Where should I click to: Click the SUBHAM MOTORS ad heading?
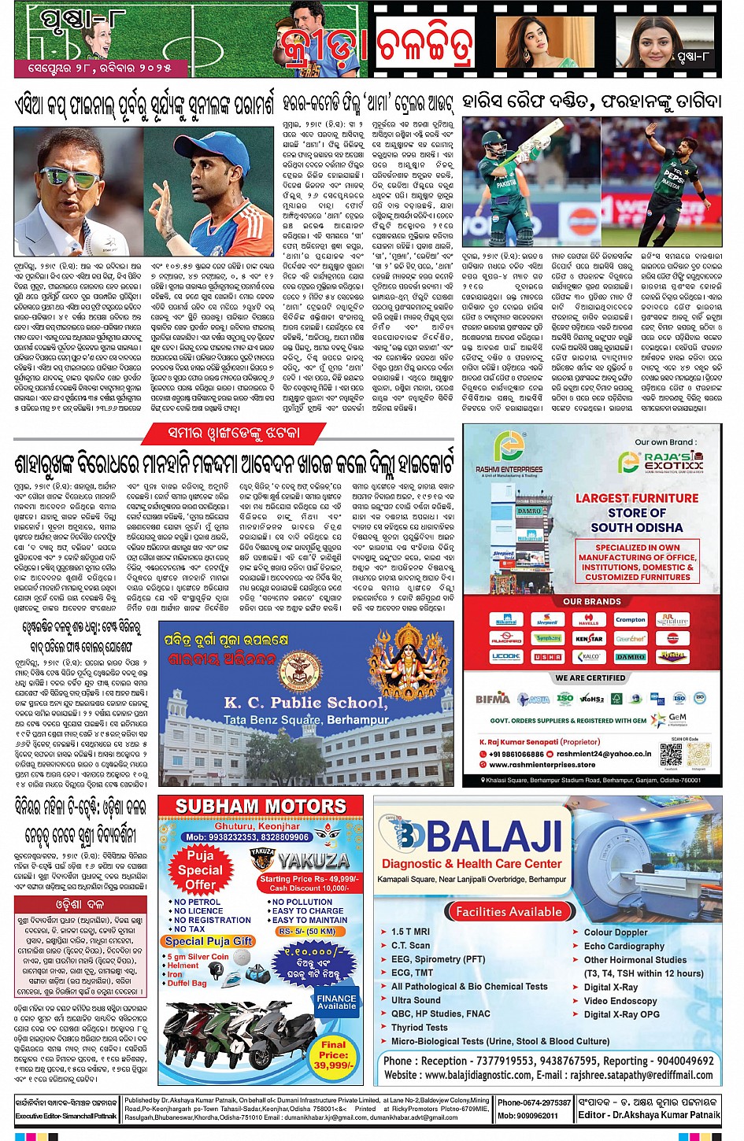point(261,807)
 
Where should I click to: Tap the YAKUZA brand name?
point(313,860)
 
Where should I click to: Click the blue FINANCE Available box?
point(336,1002)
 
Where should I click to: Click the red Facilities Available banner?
point(509,911)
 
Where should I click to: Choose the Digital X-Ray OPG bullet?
point(621,1014)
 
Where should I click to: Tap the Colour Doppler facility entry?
point(616,932)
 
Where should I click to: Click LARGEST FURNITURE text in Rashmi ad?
point(636,498)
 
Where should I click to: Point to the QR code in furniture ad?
point(671,753)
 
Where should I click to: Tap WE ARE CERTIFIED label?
point(590,678)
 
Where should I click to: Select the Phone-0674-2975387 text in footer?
point(534,1102)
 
